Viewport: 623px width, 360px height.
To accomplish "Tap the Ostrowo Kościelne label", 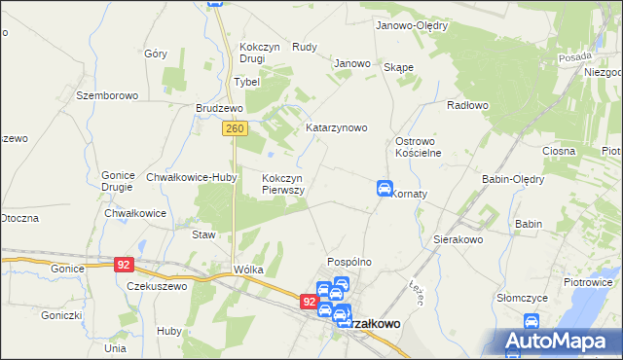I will (419, 147).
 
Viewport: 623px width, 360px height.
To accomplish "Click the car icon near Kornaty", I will (385, 188).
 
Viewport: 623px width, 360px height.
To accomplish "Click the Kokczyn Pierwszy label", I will (284, 184).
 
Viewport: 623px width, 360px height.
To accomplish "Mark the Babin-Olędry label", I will (513, 179).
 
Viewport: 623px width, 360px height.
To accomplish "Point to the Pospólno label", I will (350, 262).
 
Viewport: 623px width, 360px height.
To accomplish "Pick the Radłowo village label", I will (466, 105).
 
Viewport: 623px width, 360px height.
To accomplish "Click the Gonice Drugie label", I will (118, 181).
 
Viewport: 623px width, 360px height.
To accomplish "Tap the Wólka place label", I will (248, 270).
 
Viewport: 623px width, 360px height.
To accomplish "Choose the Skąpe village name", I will (399, 67).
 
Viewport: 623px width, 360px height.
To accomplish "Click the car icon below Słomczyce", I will (531, 321).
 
